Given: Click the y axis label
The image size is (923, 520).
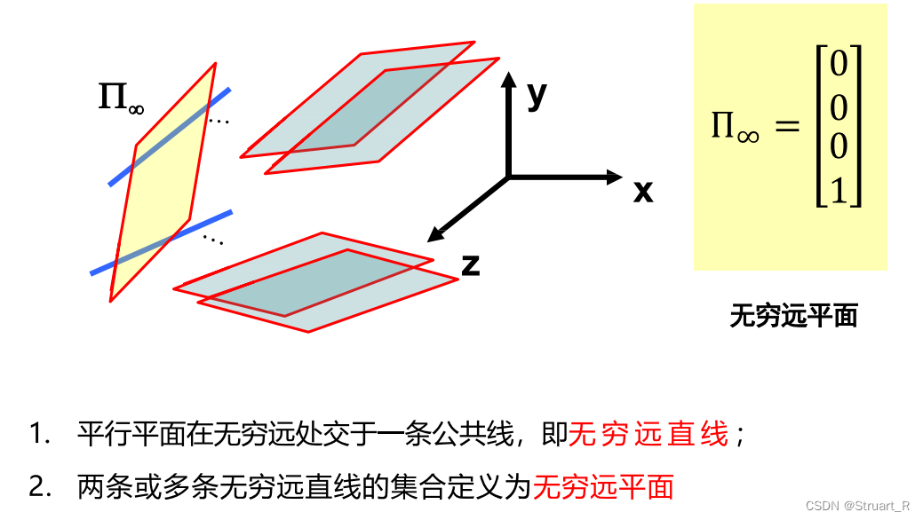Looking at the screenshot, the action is pyautogui.click(x=536, y=93).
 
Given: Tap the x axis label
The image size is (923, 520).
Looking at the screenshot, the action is pyautogui.click(x=643, y=190).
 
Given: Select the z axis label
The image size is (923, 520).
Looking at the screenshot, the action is pyautogui.click(x=471, y=264).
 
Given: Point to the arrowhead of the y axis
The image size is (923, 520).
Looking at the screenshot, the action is pyautogui.click(x=508, y=81).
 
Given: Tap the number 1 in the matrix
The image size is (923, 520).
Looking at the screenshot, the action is pyautogui.click(x=838, y=190).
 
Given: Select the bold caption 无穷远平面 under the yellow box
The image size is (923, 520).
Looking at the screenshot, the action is pyautogui.click(x=793, y=315).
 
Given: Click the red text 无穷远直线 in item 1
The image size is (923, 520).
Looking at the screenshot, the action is pyautogui.click(x=648, y=435).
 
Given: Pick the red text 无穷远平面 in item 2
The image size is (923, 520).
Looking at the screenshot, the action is pyautogui.click(x=603, y=486).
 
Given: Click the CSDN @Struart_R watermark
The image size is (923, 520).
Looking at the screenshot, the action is pyautogui.click(x=857, y=506).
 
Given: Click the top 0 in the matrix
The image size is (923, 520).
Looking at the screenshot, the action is pyautogui.click(x=838, y=65).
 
